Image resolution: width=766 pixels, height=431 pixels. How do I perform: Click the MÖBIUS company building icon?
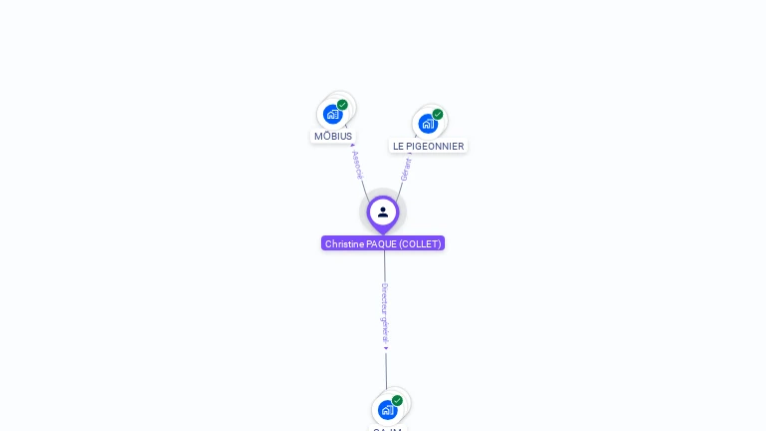tap(332, 114)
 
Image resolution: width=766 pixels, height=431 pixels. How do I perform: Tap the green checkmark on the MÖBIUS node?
tap(342, 105)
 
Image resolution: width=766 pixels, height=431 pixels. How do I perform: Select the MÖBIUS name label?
tap(333, 137)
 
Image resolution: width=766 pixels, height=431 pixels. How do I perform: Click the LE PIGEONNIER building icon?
tap(427, 124)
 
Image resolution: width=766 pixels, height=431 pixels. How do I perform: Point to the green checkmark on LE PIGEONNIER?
tap(437, 115)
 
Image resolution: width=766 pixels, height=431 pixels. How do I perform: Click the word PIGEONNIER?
tap(437, 147)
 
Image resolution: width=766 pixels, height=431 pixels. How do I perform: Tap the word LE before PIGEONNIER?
tap(399, 147)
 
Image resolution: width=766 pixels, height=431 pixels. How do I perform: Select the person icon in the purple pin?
tap(383, 212)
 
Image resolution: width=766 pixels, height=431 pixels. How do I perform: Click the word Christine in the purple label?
tap(344, 243)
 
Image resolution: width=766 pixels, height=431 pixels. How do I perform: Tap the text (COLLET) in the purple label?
tap(420, 243)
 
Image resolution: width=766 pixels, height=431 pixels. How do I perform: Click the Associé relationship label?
tap(357, 165)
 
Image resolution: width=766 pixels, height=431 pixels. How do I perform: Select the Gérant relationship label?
tap(406, 170)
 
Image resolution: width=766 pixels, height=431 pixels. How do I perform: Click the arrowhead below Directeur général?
tap(386, 348)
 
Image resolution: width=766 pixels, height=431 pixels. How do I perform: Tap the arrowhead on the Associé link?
tap(353, 146)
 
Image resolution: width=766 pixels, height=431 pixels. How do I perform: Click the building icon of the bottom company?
tap(387, 409)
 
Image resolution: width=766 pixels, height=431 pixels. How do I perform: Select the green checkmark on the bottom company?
tap(397, 400)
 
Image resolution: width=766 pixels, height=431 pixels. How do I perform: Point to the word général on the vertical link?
tap(385, 330)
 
